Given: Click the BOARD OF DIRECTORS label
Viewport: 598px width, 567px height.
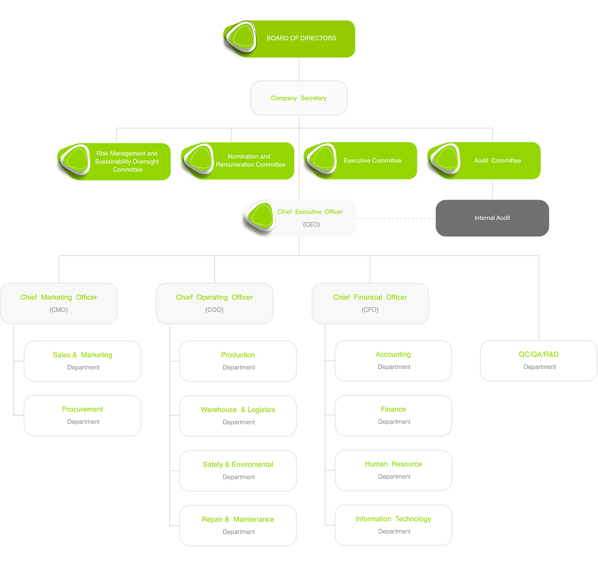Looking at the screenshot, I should click(301, 38).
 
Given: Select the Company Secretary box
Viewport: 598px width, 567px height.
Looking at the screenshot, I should click(298, 98).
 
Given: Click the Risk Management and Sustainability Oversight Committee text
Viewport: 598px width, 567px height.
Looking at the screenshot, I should click(127, 161).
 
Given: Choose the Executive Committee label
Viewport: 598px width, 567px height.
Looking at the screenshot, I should click(372, 160).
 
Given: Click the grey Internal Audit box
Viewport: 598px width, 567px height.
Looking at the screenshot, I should click(492, 218).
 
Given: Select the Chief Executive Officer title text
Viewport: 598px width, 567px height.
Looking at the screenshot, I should click(310, 212).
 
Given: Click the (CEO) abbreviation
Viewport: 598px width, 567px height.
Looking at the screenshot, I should click(311, 225).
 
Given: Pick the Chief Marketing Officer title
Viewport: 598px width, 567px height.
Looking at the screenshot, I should click(59, 297).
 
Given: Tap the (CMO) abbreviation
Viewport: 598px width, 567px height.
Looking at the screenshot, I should click(59, 310).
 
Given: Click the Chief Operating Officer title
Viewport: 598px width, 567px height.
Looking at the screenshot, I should click(214, 297).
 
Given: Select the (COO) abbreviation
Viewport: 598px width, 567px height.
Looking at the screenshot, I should click(214, 310).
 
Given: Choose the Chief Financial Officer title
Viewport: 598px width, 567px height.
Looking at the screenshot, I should click(370, 297).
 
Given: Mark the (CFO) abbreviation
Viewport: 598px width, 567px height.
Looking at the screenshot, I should click(370, 310).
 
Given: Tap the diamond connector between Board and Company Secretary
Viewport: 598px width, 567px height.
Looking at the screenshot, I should click(299, 69).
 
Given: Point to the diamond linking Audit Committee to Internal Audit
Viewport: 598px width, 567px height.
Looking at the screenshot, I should click(492, 189).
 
